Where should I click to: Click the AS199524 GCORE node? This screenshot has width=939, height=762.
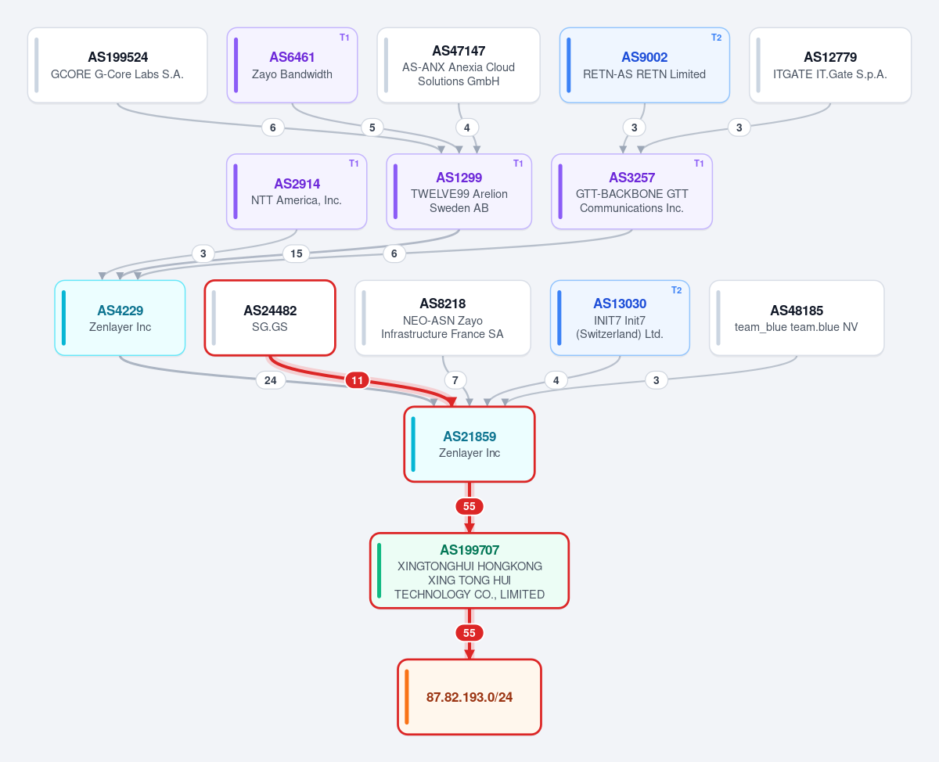(x=117, y=65)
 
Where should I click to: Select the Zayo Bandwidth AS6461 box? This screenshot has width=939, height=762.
(x=292, y=65)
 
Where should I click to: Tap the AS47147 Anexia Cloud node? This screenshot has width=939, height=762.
(x=459, y=65)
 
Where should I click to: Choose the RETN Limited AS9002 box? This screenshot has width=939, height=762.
(x=645, y=65)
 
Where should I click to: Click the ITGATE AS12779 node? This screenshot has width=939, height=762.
(x=830, y=65)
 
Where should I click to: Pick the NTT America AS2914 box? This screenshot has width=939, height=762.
(x=297, y=191)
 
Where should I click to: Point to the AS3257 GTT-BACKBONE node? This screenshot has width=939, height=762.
(x=631, y=191)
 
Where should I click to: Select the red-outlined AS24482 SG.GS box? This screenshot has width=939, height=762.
(x=270, y=318)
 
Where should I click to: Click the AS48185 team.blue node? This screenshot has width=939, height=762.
(x=797, y=318)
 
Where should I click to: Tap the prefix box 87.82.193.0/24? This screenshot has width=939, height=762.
(x=469, y=697)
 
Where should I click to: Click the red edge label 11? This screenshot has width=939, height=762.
(x=357, y=380)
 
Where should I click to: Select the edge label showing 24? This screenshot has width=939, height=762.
(x=271, y=380)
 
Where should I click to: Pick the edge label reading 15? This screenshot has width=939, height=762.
(x=297, y=253)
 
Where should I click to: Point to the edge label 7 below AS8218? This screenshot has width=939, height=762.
(x=455, y=380)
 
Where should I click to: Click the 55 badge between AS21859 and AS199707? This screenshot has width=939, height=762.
(x=469, y=506)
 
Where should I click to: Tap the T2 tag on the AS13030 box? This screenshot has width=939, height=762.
(x=676, y=290)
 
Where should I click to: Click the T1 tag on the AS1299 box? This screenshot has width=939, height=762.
(x=518, y=164)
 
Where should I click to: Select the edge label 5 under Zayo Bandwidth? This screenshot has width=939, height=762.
(x=372, y=128)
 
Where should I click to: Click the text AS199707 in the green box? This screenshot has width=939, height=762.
(x=469, y=550)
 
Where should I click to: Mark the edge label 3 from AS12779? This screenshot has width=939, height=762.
(x=739, y=128)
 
